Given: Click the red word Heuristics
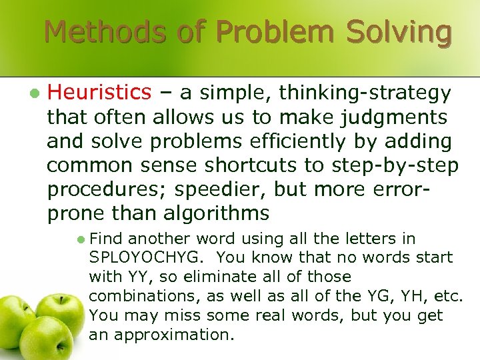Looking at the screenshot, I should pyautogui.click(x=100, y=92).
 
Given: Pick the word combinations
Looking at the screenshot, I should pyautogui.click(x=141, y=295).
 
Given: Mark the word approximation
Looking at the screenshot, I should pyautogui.click(x=174, y=333).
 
